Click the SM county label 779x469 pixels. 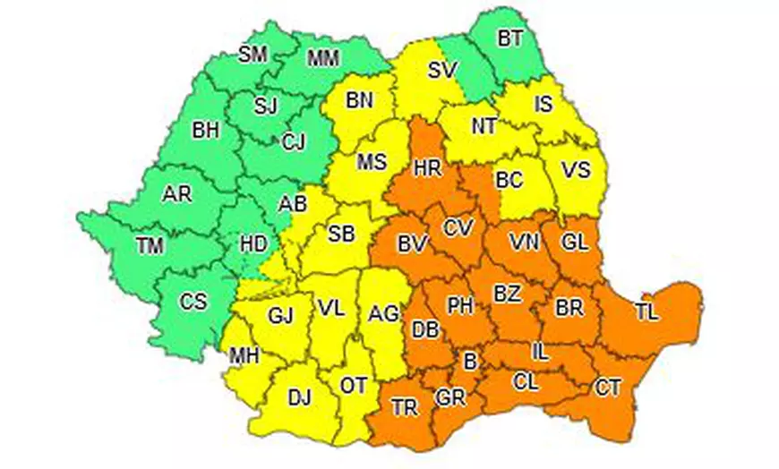pyautogui.click(x=253, y=55)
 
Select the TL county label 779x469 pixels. pyautogui.click(x=645, y=311)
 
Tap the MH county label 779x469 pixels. pyautogui.click(x=244, y=356)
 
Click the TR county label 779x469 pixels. pyautogui.click(x=405, y=408)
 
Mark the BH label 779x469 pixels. pyautogui.click(x=205, y=130)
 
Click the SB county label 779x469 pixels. pyautogui.click(x=341, y=234)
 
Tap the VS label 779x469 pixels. pyautogui.click(x=575, y=169)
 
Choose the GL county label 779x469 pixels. pyautogui.click(x=575, y=243)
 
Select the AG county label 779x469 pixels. pyautogui.click(x=384, y=313)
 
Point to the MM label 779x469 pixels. pyautogui.click(x=324, y=60)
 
